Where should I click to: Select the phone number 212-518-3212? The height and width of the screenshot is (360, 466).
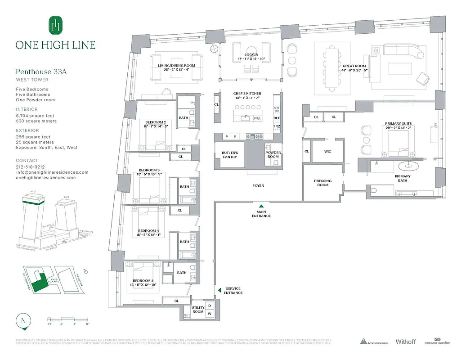(30, 166)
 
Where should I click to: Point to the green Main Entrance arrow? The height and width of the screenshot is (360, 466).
(261, 206)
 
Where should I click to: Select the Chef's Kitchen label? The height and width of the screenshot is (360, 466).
(247, 94)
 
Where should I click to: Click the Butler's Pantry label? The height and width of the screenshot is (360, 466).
(230, 155)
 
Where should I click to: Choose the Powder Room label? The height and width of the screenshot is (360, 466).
(273, 155)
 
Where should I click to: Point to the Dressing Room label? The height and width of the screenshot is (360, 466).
(323, 183)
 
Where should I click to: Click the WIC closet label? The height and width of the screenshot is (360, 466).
(328, 152)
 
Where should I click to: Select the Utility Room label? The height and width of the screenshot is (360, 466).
(198, 310)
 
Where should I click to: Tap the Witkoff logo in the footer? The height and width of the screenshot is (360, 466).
(404, 342)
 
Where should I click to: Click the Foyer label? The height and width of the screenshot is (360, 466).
(258, 185)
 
